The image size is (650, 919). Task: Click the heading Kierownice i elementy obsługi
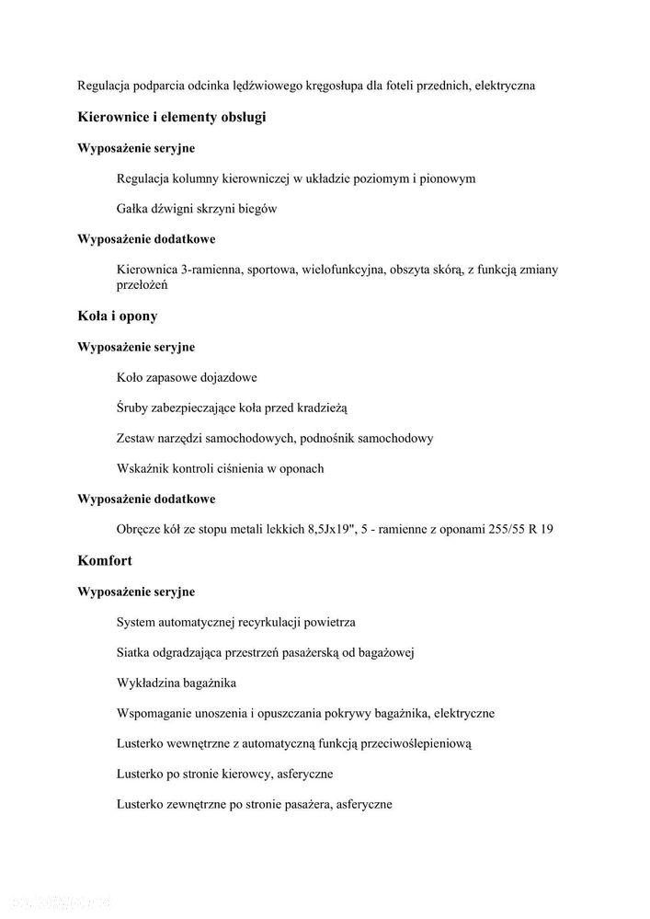tap(172, 118)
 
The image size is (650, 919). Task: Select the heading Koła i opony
tap(118, 316)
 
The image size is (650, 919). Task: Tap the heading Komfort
tap(106, 560)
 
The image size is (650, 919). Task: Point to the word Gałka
tap(135, 209)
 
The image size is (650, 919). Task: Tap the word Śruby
tap(134, 408)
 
